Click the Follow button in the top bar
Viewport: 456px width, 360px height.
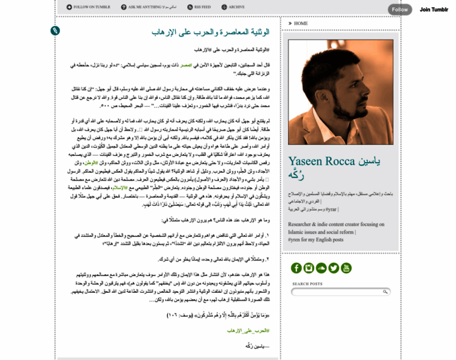[400, 10]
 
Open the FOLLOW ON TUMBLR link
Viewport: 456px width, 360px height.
[88, 7]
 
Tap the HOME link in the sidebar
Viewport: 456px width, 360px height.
[300, 23]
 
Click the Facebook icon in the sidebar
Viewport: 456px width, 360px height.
[296, 268]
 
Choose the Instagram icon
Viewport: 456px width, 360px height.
[309, 268]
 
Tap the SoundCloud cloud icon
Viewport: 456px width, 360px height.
[321, 268]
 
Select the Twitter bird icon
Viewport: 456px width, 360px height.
[334, 268]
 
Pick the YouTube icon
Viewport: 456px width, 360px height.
[346, 268]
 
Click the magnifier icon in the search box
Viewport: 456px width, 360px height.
[385, 292]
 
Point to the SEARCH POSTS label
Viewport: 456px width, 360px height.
[307, 284]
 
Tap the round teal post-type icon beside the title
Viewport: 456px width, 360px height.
[55, 31]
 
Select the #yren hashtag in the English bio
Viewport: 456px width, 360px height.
[296, 239]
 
